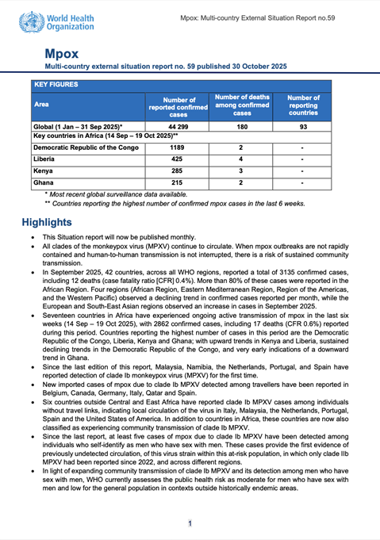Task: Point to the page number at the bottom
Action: pos(190,523)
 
